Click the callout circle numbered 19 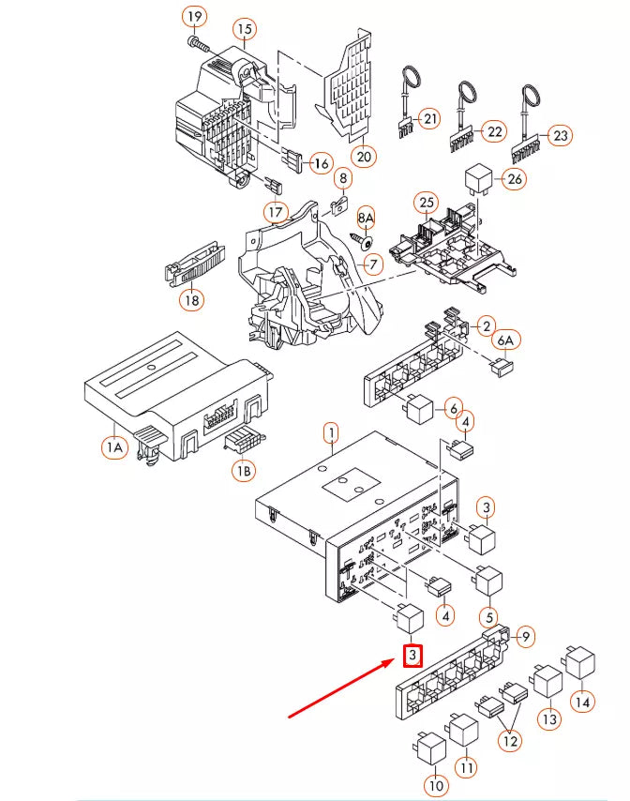[x=194, y=18]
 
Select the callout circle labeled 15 [x=245, y=30]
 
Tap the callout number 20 [x=363, y=155]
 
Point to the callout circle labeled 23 [x=561, y=136]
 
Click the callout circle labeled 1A [x=114, y=449]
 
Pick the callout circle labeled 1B [x=243, y=471]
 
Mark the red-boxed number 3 [x=412, y=656]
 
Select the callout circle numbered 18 [x=192, y=300]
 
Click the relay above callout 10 [x=431, y=747]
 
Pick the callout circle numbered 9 [x=526, y=637]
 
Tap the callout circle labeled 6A [x=506, y=340]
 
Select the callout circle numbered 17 [x=275, y=212]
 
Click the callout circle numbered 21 [x=429, y=119]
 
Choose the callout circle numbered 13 [x=548, y=718]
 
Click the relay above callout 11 [x=464, y=729]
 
